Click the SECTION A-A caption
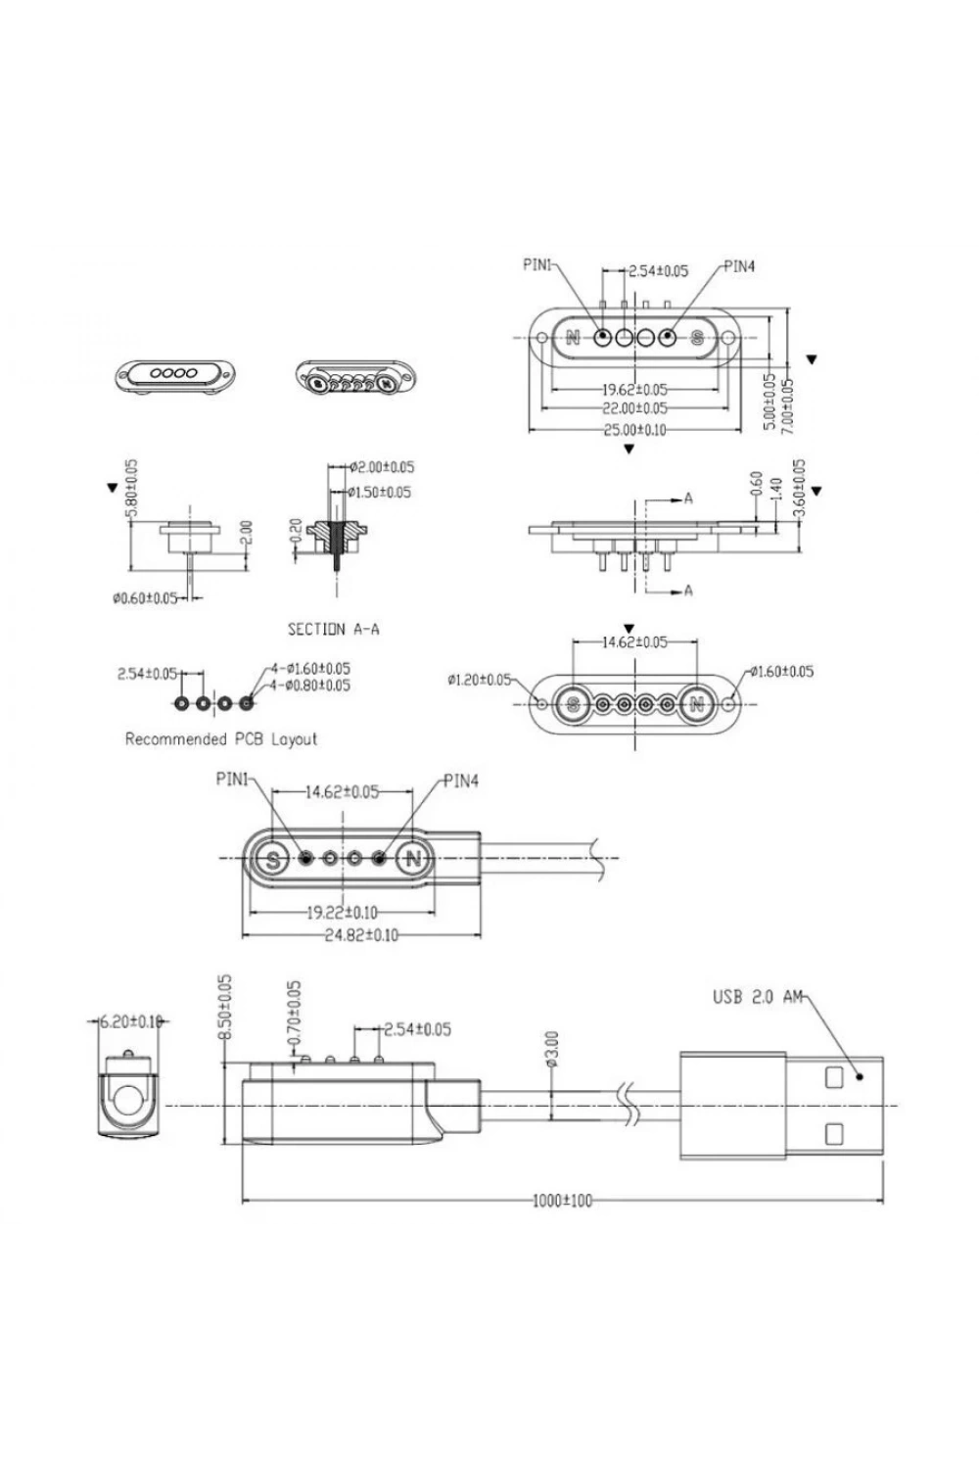(333, 629)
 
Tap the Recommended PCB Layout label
(221, 739)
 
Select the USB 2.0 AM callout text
(758, 997)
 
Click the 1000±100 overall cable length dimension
(562, 1200)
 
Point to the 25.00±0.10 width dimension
(634, 430)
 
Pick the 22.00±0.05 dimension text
(634, 408)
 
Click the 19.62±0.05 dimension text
(634, 390)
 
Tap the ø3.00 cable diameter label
(552, 1049)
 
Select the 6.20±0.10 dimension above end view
(130, 1021)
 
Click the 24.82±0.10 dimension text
(361, 935)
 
